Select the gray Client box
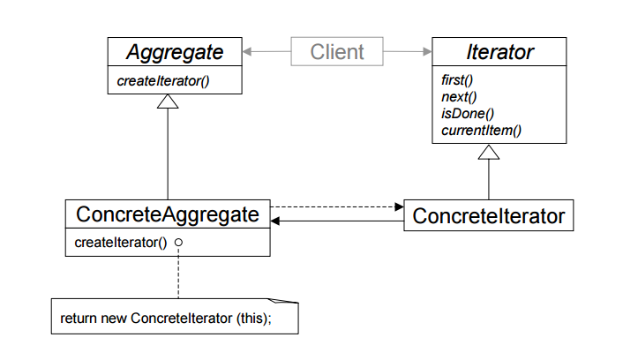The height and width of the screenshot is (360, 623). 336,51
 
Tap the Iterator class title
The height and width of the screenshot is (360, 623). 488,52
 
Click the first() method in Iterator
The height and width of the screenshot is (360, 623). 457,79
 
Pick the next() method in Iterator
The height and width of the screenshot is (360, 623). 458,96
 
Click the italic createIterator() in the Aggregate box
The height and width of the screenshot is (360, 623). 166,81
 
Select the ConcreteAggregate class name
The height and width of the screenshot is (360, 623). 168,214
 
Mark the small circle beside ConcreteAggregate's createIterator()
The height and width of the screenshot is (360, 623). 178,242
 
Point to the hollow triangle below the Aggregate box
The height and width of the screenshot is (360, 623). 168,101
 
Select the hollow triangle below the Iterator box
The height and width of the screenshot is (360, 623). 488,152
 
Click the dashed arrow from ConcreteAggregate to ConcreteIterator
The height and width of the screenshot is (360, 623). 335,207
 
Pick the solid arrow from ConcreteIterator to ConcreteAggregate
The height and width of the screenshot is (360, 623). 335,223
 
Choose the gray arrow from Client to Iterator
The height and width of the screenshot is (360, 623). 407,51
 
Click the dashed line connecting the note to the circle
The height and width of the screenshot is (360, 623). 178,274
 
